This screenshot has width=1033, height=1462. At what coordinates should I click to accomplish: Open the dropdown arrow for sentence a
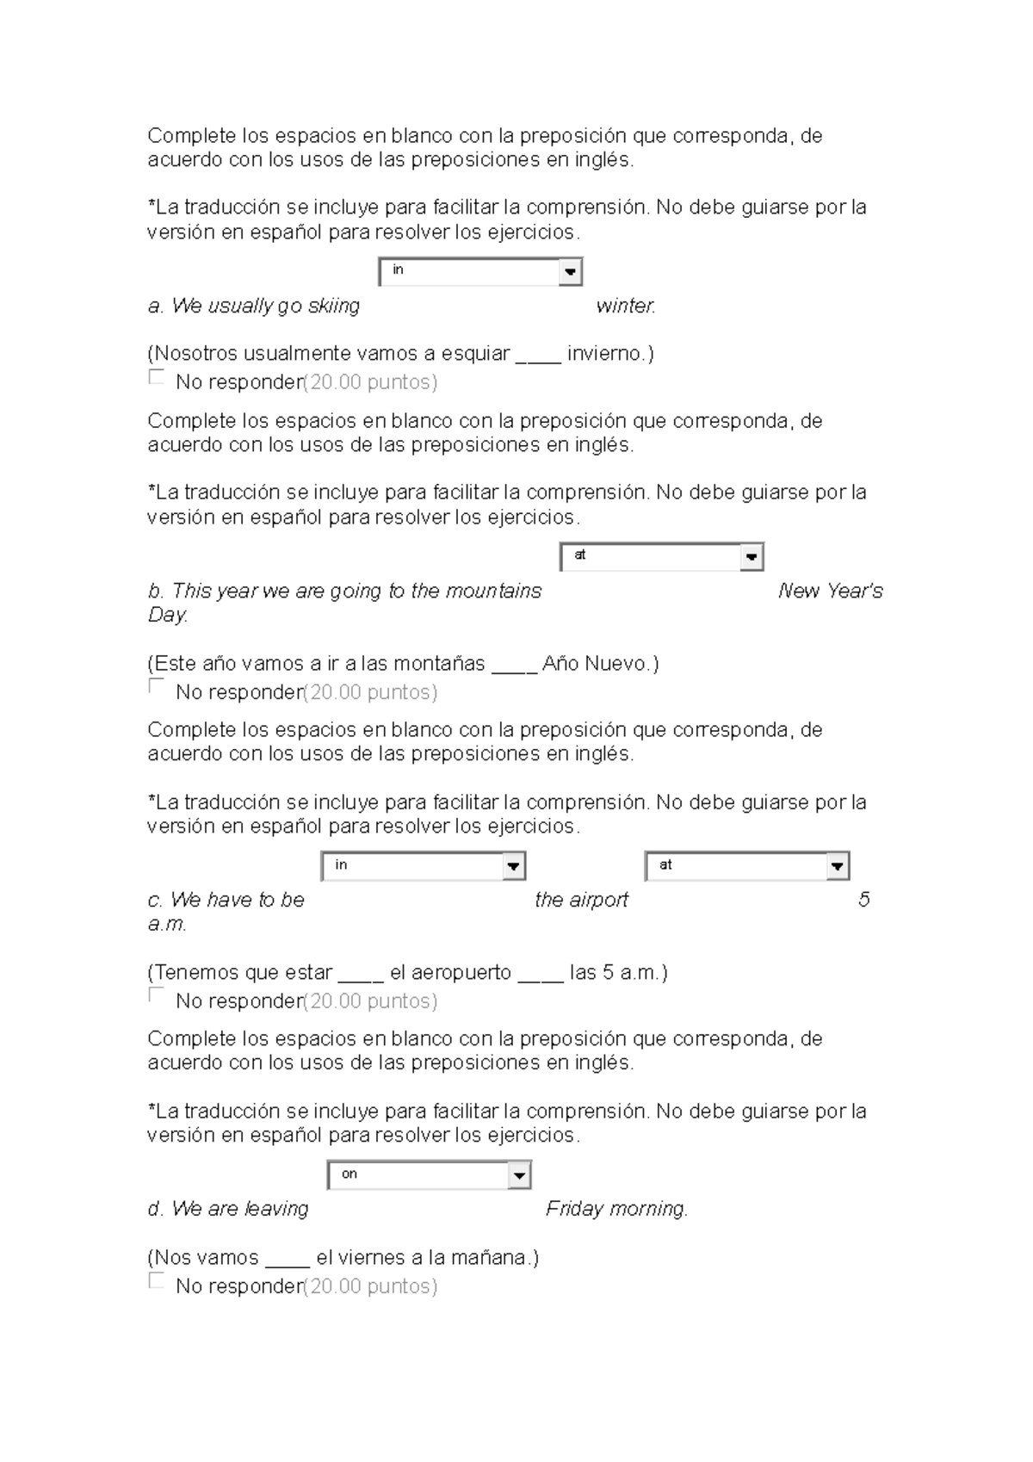click(x=569, y=272)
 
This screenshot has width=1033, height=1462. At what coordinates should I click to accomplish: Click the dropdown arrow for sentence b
click(x=752, y=557)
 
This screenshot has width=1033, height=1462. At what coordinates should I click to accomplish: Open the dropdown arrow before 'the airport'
click(x=514, y=866)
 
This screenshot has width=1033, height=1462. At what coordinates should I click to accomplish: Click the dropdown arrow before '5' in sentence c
click(x=837, y=866)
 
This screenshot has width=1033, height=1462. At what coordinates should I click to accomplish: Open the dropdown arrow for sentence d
click(x=519, y=1175)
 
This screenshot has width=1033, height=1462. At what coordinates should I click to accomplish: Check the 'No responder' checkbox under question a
click(x=156, y=377)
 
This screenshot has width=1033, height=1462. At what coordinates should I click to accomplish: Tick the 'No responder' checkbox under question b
click(x=156, y=686)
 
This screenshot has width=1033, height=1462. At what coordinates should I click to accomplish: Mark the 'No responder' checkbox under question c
click(x=156, y=995)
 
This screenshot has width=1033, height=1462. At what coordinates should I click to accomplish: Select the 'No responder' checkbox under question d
click(x=156, y=1280)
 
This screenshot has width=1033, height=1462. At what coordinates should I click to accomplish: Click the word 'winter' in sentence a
click(x=624, y=307)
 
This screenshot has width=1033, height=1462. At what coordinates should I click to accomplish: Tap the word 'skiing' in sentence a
click(x=334, y=307)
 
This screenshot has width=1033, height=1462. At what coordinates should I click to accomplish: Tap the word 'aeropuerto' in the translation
click(x=450, y=973)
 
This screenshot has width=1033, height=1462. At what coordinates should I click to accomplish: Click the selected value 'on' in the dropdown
click(x=349, y=1174)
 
